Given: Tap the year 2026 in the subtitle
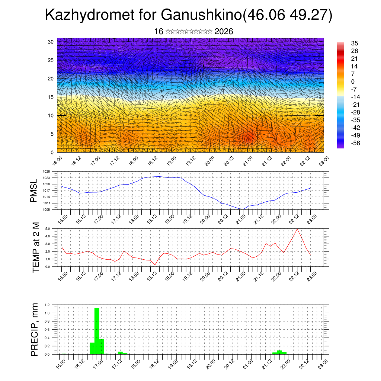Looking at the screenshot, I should [224, 32].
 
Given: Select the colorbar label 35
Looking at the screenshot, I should [354, 43].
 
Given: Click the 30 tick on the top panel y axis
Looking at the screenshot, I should [51, 42].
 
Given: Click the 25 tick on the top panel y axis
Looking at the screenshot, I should [51, 60].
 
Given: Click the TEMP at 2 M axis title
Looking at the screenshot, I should [36, 247].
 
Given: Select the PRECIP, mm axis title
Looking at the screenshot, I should [35, 329].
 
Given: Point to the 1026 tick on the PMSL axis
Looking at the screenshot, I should [47, 172].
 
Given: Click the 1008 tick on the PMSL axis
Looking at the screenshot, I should [47, 209].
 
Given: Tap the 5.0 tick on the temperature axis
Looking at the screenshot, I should [48, 229].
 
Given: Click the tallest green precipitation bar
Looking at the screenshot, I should [97, 331].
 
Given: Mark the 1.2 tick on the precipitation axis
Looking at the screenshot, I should [48, 305].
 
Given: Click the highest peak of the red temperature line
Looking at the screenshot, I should [297, 229].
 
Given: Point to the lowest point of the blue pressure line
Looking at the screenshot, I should [242, 209].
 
